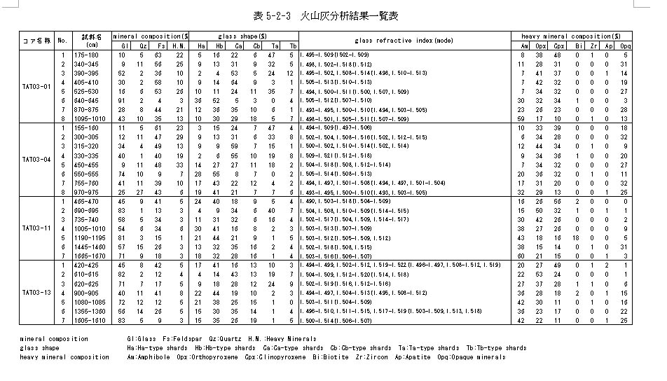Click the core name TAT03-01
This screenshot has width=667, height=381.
(x=37, y=87)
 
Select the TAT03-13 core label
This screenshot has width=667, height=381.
(x=37, y=292)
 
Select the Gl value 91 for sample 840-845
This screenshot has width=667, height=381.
(x=122, y=100)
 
